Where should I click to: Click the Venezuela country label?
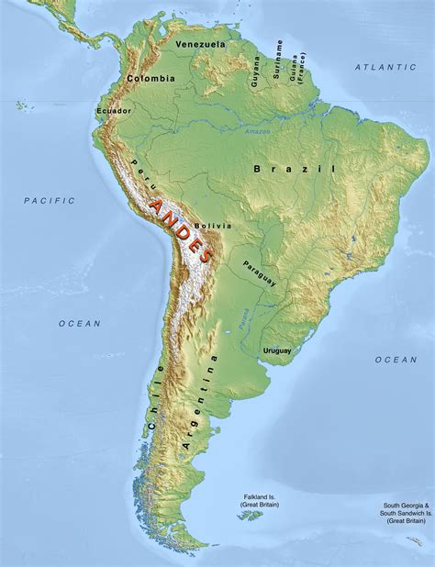pos(201,44)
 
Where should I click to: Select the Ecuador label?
pos(113,111)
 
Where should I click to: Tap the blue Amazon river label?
pos(258,133)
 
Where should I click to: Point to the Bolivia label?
pos(213,226)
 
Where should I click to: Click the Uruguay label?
pos(276,350)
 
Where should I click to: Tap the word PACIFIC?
pos(50,200)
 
